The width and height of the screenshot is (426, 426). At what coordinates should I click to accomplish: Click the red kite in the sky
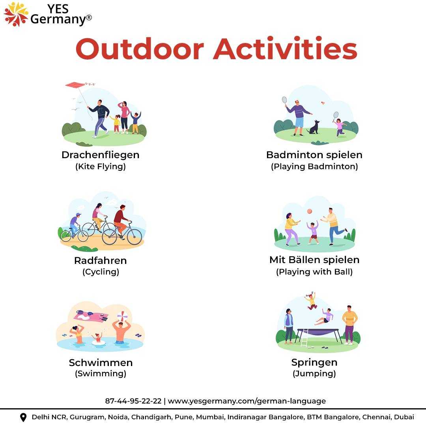(76, 85)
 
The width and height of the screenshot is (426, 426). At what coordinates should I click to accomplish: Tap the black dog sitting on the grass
(314, 127)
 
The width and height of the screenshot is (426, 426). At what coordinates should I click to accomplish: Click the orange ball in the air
(310, 211)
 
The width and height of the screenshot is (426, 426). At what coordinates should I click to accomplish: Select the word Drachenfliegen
(101, 155)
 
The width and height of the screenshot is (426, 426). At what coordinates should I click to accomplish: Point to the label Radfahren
(101, 261)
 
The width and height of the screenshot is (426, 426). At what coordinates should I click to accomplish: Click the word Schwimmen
(101, 363)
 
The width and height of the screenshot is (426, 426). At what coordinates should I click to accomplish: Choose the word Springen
(314, 363)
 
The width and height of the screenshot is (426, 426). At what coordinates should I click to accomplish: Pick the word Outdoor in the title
(140, 49)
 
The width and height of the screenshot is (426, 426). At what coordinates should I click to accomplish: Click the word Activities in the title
(285, 49)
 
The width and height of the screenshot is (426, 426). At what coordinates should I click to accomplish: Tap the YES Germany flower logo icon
(16, 14)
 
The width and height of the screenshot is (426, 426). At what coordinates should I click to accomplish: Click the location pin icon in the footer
(23, 417)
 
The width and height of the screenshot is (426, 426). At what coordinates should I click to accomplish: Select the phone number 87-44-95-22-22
(133, 401)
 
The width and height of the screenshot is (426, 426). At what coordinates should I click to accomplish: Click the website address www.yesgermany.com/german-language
(247, 401)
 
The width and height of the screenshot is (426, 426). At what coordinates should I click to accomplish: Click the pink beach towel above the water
(91, 316)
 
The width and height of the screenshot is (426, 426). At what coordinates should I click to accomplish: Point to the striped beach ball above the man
(122, 316)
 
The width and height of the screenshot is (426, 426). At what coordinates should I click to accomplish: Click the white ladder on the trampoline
(305, 338)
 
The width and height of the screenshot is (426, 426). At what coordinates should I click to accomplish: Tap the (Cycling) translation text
(101, 272)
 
